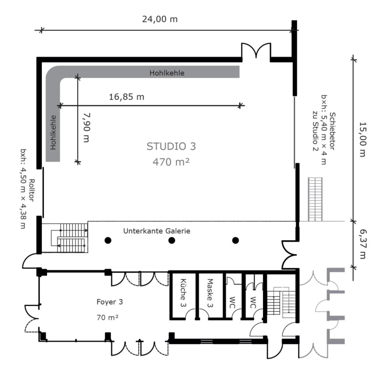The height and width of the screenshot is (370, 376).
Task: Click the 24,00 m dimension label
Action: (x=160, y=19)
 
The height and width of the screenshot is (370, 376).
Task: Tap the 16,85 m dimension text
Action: (x=127, y=97)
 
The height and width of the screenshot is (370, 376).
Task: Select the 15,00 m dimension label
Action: (x=362, y=139)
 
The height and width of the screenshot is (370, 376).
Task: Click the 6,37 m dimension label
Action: (x=362, y=244)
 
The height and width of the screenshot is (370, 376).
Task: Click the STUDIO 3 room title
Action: (x=171, y=146)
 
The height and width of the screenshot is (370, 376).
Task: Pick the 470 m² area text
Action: (x=171, y=162)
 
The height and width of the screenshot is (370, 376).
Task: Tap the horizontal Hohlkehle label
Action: (x=167, y=73)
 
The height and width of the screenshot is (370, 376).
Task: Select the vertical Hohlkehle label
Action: (x=53, y=132)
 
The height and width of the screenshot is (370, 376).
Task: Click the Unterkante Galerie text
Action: (x=157, y=231)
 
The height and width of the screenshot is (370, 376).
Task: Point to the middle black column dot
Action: (x=172, y=240)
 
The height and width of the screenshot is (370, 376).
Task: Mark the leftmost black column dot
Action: (x=108, y=240)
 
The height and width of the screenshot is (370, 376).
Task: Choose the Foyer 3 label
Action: (x=110, y=302)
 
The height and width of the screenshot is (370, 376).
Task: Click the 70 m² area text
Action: (x=107, y=318)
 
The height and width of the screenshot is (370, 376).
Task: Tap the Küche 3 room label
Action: (x=183, y=293)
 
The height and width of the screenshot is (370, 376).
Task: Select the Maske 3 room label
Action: (x=210, y=293)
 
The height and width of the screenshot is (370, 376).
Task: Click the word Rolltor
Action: (x=32, y=190)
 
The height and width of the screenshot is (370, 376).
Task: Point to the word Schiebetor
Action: (x=332, y=131)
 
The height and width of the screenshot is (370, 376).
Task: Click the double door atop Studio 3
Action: (x=256, y=50)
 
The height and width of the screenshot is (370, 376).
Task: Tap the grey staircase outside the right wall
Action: (x=315, y=199)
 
